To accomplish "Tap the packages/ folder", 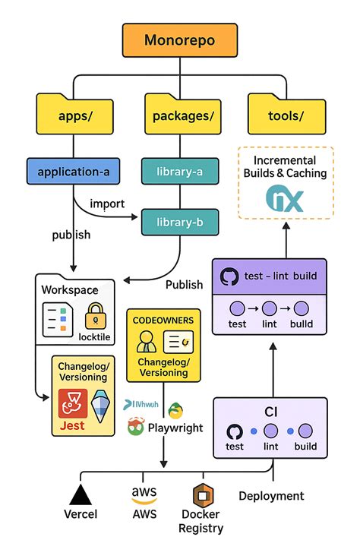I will click(x=179, y=115).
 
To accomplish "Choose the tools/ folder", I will click(x=286, y=115).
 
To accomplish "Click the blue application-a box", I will click(x=74, y=172).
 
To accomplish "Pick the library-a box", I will click(x=180, y=172).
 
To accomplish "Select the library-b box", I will click(x=181, y=223).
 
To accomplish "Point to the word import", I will click(x=107, y=204).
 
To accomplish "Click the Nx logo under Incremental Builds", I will click(x=285, y=200).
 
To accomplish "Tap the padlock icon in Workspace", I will click(x=95, y=315).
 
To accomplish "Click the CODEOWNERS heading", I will click(x=163, y=321).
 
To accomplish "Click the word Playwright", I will click(x=175, y=428).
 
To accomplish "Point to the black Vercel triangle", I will click(x=81, y=494).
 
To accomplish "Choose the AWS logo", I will click(x=144, y=494).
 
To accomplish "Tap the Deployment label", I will click(x=271, y=496).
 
